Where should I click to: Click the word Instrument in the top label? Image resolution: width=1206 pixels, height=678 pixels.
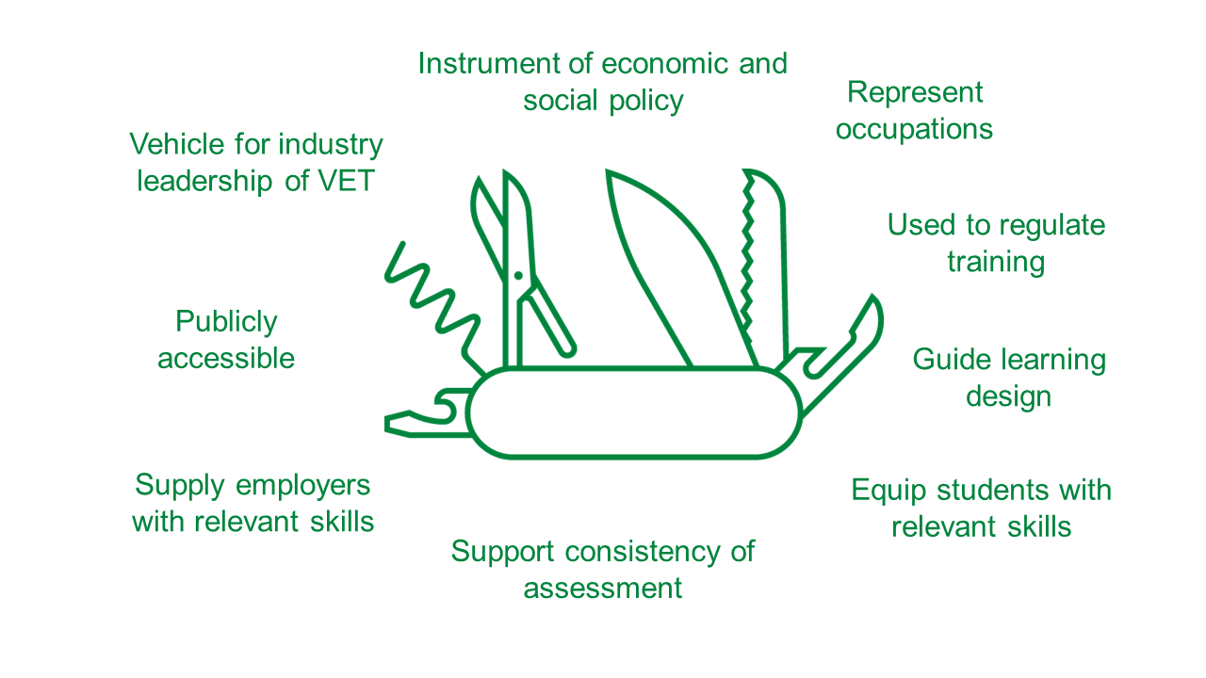pyautogui.click(x=489, y=63)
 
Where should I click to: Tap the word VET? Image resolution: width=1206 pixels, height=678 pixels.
pyautogui.click(x=346, y=180)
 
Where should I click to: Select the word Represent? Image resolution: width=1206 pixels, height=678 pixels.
pyautogui.click(x=915, y=93)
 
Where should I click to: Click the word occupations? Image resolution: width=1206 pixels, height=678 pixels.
pyautogui.click(x=914, y=130)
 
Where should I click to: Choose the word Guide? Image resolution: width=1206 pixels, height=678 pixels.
pyautogui.click(x=953, y=359)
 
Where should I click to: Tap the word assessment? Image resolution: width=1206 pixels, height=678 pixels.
pyautogui.click(x=602, y=588)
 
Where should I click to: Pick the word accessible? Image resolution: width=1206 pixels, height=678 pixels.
pyautogui.click(x=226, y=358)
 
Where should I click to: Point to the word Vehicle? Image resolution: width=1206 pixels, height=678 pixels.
pyautogui.click(x=178, y=144)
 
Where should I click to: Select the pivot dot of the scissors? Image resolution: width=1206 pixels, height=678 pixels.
pyautogui.click(x=518, y=276)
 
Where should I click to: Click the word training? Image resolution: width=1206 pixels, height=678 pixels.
pyautogui.click(x=997, y=263)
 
